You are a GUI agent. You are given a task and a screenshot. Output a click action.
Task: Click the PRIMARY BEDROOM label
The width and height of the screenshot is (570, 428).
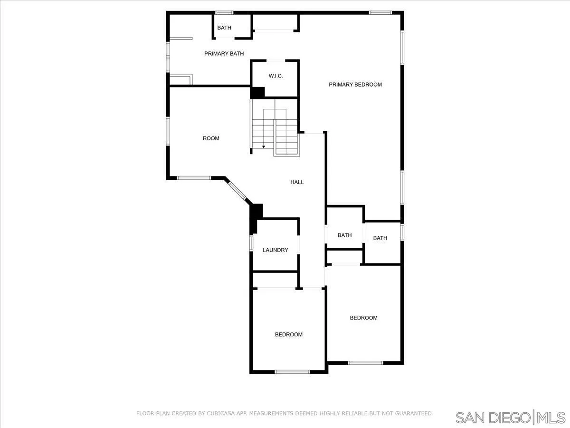(355, 85)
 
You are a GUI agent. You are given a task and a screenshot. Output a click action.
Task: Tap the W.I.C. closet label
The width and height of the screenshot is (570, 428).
(275, 76)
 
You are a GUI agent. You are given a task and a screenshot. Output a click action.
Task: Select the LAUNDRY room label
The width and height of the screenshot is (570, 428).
(275, 250)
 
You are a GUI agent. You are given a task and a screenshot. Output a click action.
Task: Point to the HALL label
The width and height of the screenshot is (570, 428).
(297, 182)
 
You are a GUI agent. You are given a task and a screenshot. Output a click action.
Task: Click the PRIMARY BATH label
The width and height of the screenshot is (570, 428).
(224, 54)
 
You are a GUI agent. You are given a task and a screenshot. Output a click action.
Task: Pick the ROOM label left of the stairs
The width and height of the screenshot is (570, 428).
(211, 138)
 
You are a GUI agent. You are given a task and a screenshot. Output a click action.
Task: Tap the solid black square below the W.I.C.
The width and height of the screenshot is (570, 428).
(257, 92)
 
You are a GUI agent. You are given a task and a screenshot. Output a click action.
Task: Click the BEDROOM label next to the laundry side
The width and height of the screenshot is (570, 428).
(288, 334)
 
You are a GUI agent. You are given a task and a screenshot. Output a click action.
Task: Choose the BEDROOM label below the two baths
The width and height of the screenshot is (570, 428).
(363, 318)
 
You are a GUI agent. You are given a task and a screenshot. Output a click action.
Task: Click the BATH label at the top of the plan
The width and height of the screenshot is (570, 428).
(224, 28)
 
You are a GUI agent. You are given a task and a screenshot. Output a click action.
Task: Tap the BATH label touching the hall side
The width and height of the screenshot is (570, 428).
(344, 235)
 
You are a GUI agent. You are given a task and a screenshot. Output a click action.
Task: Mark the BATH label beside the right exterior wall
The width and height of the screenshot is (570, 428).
(380, 238)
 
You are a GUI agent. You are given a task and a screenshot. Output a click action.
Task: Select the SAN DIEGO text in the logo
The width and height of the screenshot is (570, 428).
(493, 418)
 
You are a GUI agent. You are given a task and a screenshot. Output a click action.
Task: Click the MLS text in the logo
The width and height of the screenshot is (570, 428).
(552, 418)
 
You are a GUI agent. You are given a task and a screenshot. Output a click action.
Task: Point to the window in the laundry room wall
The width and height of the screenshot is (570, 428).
(252, 243)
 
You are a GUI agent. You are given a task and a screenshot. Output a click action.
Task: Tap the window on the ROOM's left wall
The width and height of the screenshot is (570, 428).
(168, 131)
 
